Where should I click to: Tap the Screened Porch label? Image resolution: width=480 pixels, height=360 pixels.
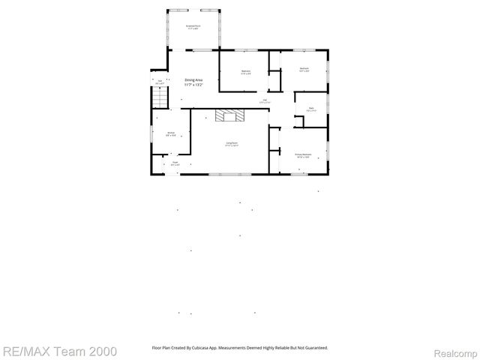click(193, 27)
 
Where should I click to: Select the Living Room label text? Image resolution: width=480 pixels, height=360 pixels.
click(232, 142)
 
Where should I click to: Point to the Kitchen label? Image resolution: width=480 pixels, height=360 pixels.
click(170, 133)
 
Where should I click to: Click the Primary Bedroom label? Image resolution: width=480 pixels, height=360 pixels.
click(303, 154)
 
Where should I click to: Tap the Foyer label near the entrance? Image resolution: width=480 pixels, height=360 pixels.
click(175, 162)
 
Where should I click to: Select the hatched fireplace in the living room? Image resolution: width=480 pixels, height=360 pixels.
click(230, 115)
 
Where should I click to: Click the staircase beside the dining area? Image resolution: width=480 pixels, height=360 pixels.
click(160, 98)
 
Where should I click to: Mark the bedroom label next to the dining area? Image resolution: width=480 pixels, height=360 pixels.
click(245, 71)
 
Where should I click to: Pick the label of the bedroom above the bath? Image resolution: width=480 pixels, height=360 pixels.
click(304, 69)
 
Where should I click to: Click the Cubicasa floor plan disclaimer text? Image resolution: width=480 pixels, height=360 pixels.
click(239, 348)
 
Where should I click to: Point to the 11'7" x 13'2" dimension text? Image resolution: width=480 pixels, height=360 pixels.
click(193, 85)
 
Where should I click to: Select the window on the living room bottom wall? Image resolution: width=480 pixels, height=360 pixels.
click(224, 175)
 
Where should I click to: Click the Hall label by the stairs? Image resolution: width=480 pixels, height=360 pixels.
click(160, 81)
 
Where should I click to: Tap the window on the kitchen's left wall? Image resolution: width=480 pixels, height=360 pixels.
click(152, 134)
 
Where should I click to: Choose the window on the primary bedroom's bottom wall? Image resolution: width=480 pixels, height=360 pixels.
click(300, 175)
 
